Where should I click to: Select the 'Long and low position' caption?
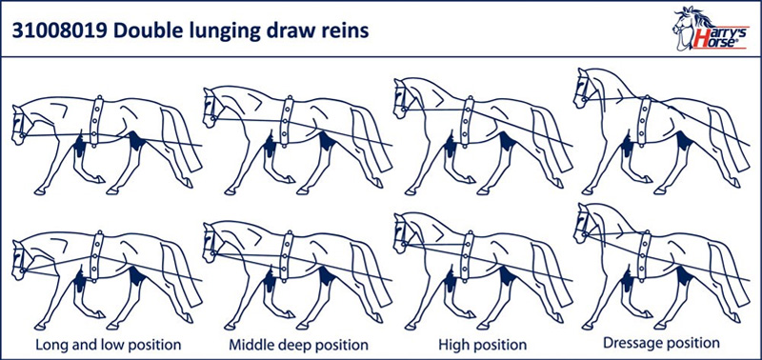(x=109, y=346)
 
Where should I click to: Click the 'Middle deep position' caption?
(x=298, y=346)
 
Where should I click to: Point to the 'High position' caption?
(x=483, y=346)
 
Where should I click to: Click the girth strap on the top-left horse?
(x=97, y=121)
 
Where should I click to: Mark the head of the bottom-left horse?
(x=21, y=260)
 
